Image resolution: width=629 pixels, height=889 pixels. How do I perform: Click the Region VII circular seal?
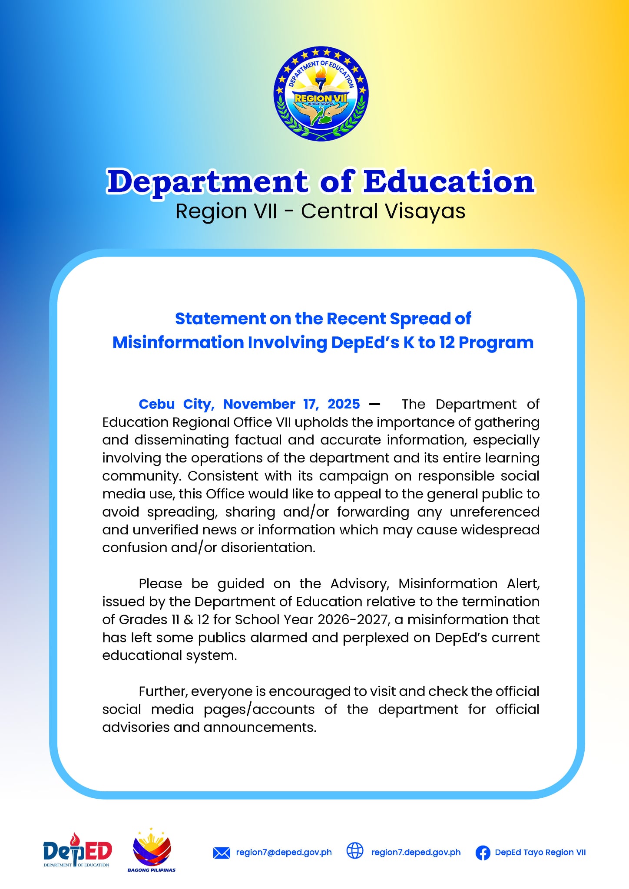[321, 94]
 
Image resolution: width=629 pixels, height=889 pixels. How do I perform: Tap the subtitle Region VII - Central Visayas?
[320, 211]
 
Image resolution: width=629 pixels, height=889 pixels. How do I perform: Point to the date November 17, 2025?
[291, 404]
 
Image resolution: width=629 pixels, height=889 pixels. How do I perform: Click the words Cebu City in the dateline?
[176, 404]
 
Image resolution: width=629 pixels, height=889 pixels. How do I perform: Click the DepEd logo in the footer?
[77, 852]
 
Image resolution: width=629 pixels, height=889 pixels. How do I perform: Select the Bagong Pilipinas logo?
[152, 850]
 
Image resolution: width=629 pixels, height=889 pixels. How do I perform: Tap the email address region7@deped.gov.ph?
[284, 853]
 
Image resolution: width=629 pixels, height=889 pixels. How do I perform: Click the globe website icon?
[355, 851]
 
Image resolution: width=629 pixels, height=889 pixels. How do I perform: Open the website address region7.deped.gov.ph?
[416, 853]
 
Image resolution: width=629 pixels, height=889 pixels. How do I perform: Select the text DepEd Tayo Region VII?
[540, 853]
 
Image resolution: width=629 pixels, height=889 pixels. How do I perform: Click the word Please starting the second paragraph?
[160, 584]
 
